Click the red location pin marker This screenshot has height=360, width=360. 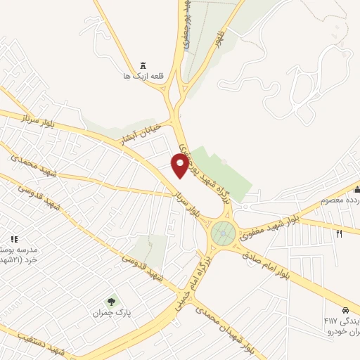[x=180, y=165]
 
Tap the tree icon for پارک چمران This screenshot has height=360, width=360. [x=111, y=302]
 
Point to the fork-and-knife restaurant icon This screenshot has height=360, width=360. [x=340, y=233]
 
